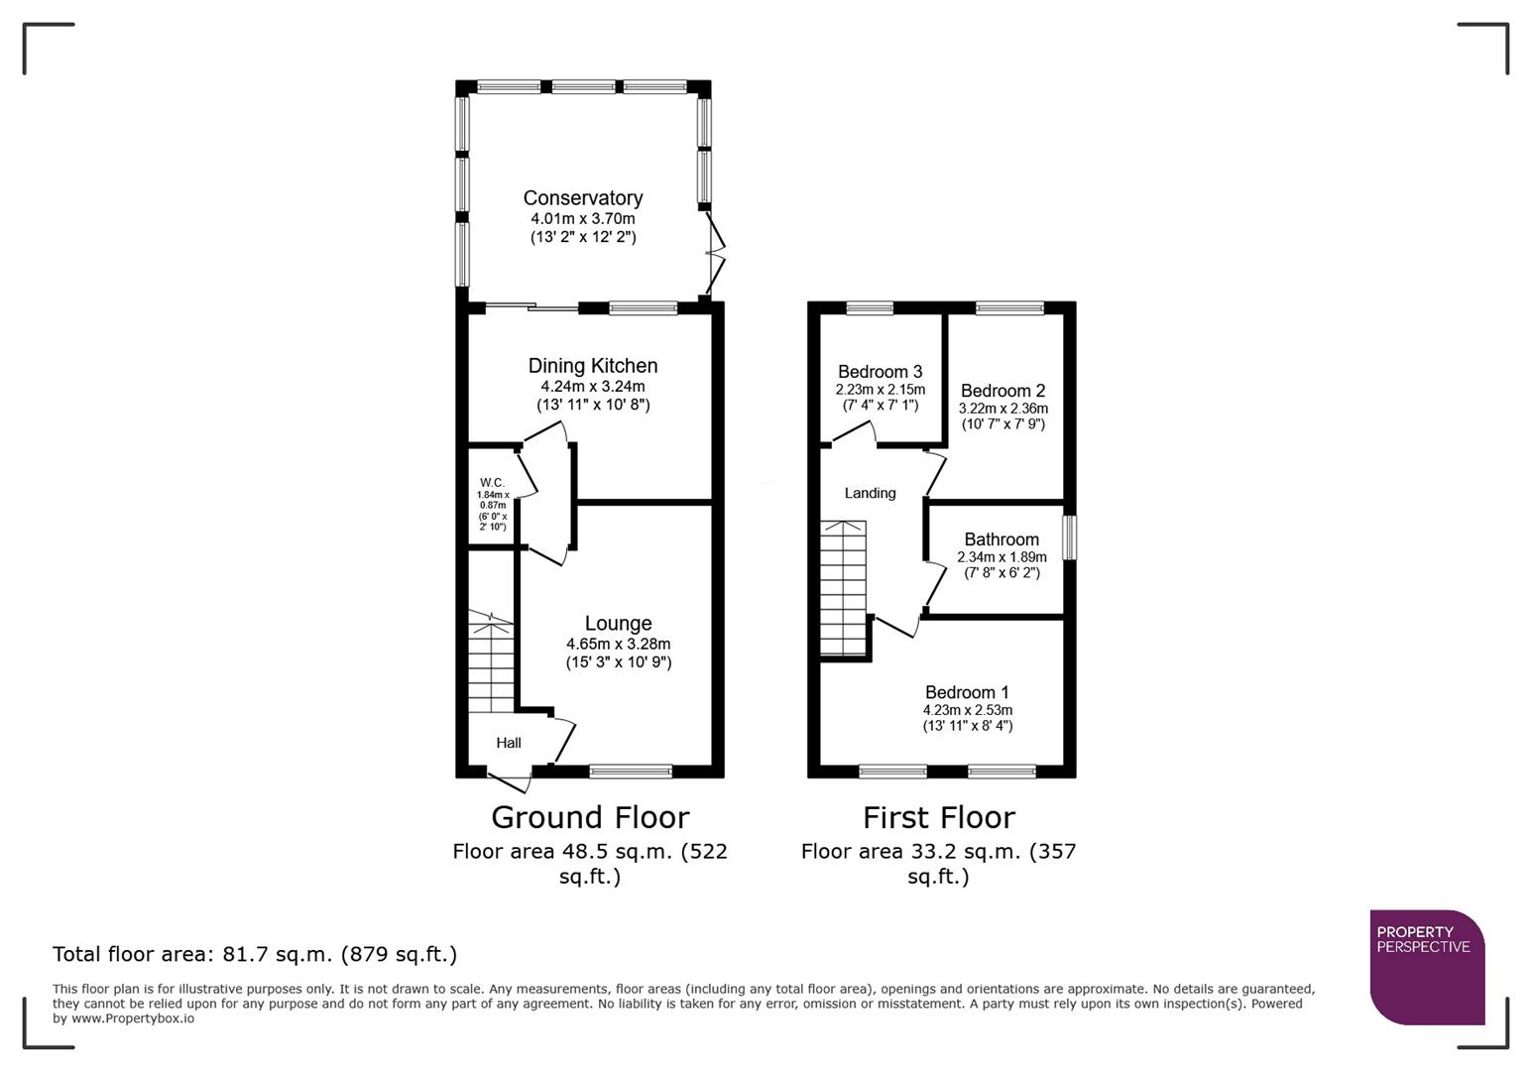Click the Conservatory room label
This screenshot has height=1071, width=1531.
pos(583,198)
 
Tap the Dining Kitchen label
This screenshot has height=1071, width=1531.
pos(592,366)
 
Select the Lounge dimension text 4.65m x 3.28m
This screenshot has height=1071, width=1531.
pos(618,644)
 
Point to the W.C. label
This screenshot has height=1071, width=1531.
pos(493,483)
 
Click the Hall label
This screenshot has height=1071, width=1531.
pos(509,743)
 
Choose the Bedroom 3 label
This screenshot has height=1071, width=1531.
pos(880,372)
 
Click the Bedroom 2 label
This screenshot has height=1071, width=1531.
pos(1002,391)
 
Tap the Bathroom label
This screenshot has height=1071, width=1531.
pos(1001,539)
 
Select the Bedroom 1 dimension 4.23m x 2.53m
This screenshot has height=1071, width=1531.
pos(967,710)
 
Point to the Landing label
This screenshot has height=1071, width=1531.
pos(870,493)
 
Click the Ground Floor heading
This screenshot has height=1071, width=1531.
pos(590,817)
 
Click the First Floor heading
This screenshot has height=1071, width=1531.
pos(938,817)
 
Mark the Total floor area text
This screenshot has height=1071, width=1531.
pos(255,954)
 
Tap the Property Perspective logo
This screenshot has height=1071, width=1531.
pos(1427,967)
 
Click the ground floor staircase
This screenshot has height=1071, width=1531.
pos(491,662)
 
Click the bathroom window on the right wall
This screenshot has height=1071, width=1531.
pos(1069,537)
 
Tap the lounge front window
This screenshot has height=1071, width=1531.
pos(631,771)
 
